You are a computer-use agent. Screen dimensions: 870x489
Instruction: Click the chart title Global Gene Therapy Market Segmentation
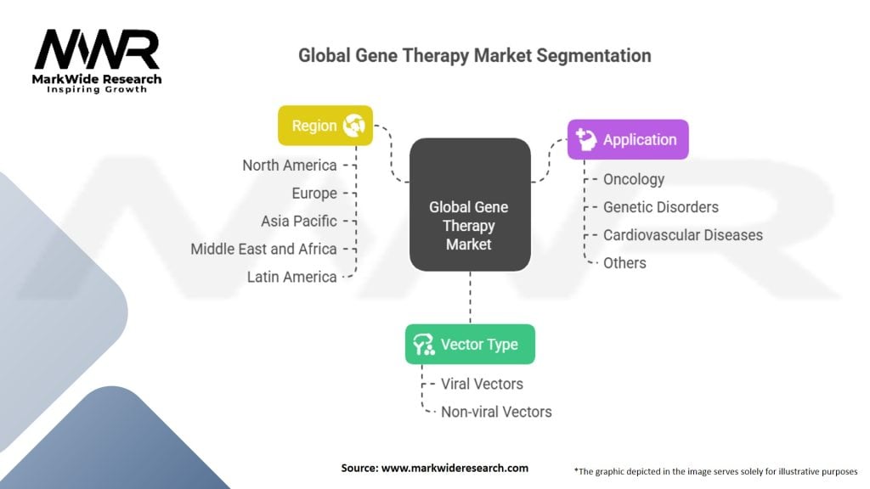[x=475, y=56]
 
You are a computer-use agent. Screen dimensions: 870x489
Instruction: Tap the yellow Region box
[x=325, y=126]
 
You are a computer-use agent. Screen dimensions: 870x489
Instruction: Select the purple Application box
[x=628, y=140]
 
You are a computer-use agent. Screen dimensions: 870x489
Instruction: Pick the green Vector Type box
[x=470, y=344]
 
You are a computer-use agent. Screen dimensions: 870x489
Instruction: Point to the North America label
[x=290, y=166]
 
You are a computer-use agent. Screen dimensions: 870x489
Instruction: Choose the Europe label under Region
[x=314, y=194]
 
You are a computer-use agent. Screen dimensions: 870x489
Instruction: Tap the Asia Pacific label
[x=299, y=221]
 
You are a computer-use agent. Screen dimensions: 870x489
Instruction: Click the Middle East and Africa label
[x=263, y=249]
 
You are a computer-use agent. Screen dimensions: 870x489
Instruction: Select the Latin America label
[x=291, y=277]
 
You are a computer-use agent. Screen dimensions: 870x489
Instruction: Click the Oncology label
[x=634, y=179]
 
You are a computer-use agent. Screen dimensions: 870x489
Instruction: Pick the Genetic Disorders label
[x=661, y=207]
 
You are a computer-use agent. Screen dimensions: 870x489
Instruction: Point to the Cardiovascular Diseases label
[x=683, y=234]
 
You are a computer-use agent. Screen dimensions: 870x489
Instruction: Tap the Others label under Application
[x=624, y=262]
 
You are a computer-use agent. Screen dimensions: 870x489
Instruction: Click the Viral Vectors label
[x=482, y=384]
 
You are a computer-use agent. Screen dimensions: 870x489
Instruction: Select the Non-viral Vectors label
[x=496, y=412]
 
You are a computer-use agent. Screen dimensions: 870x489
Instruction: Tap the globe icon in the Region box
[x=353, y=126]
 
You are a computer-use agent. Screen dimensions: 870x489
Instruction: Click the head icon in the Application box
[x=585, y=140]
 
